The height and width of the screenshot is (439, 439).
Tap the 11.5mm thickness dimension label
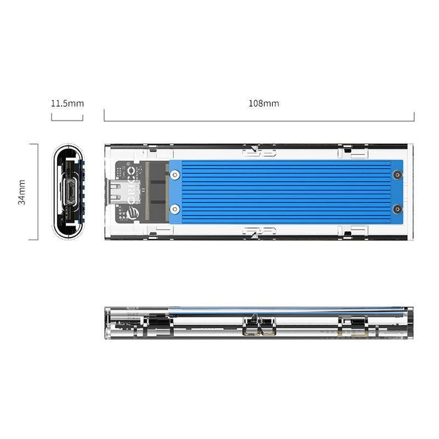pos(67,103)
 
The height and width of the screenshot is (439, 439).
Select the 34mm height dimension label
pos(22,192)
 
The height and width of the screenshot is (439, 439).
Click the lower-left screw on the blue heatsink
pos(175,209)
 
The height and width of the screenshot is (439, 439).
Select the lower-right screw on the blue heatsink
pos(396,209)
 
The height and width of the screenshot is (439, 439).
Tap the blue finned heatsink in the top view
pos(285,191)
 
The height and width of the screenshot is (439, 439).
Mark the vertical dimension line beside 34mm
pos(38,192)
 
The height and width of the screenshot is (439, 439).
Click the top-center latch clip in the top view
pos(259,150)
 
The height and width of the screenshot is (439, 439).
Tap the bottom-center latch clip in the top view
pos(259,231)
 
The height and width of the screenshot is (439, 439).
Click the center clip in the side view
pos(259,325)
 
